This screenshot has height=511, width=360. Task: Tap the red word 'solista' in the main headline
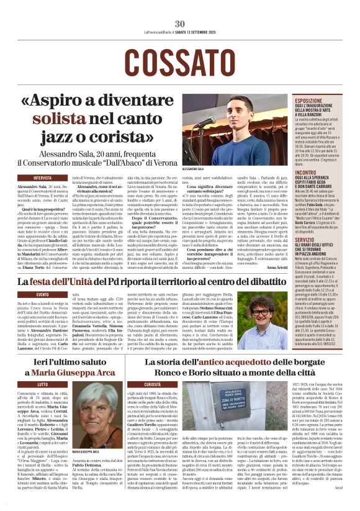pyautogui.click(x=74, y=117)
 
